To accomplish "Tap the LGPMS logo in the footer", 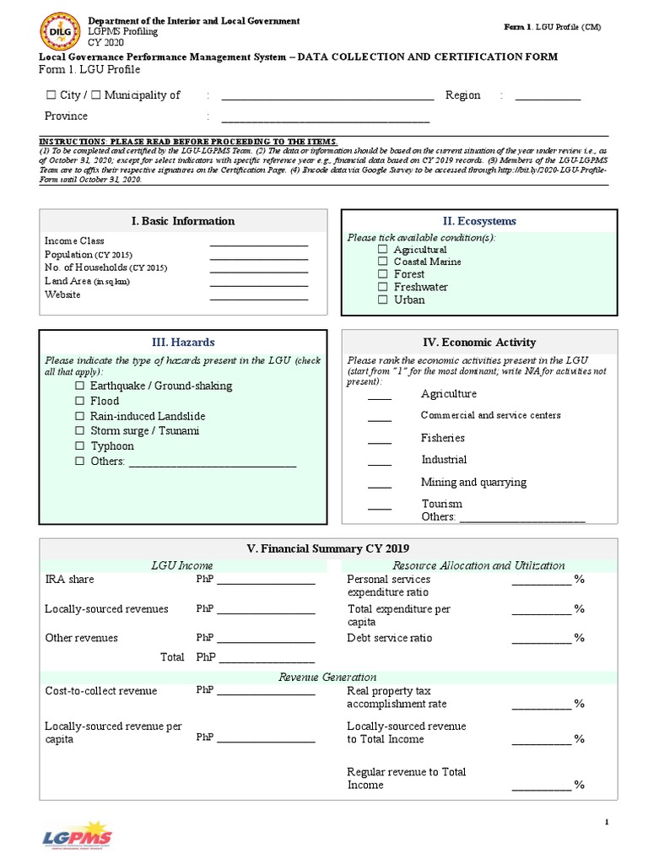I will pyautogui.click(x=77, y=835).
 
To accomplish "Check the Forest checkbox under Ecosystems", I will pyautogui.click(x=383, y=274).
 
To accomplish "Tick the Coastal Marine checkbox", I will pyautogui.click(x=383, y=262).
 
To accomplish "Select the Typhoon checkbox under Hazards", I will pyautogui.click(x=80, y=446).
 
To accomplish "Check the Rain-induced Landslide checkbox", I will pyautogui.click(x=80, y=416).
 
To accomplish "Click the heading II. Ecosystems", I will pyautogui.click(x=479, y=221).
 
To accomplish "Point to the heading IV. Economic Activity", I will pyautogui.click(x=479, y=343).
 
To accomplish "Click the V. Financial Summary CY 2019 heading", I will pyautogui.click(x=327, y=548).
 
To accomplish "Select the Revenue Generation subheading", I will pyautogui.click(x=327, y=678).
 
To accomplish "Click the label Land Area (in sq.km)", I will pyautogui.click(x=87, y=282).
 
